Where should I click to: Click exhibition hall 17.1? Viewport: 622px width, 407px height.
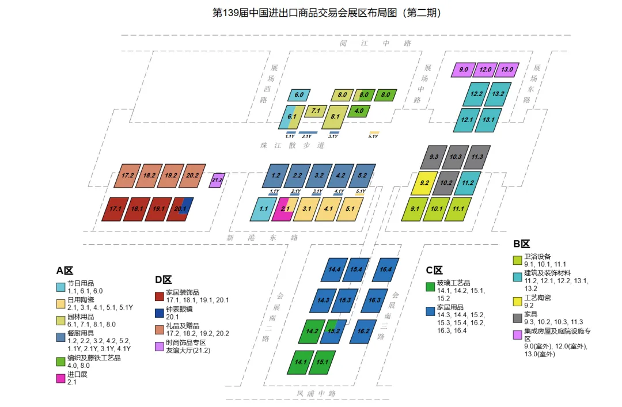pyautogui.click(x=115, y=209)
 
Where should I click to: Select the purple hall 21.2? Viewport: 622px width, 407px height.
pyautogui.click(x=217, y=180)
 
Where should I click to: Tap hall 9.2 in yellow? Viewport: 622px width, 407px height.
pyautogui.click(x=424, y=183)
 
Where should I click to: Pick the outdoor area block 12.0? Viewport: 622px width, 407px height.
pyautogui.click(x=486, y=70)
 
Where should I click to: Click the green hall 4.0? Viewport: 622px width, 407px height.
pyautogui.click(x=359, y=111)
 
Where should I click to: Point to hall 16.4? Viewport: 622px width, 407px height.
pyautogui.click(x=385, y=269)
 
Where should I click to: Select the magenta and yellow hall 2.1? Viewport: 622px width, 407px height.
pyautogui.click(x=285, y=210)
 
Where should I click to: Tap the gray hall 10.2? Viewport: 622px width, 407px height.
pyautogui.click(x=446, y=183)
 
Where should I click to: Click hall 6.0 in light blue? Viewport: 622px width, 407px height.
pyautogui.click(x=299, y=94)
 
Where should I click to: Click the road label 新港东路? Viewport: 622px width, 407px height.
pyautogui.click(x=262, y=237)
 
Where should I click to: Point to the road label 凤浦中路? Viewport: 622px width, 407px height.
pyautogui.click(x=316, y=394)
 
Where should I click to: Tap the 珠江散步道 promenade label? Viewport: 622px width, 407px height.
pyautogui.click(x=292, y=146)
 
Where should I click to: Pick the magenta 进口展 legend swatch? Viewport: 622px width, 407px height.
pyautogui.click(x=60, y=378)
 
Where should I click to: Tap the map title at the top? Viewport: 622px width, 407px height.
pyautogui.click(x=310, y=12)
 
